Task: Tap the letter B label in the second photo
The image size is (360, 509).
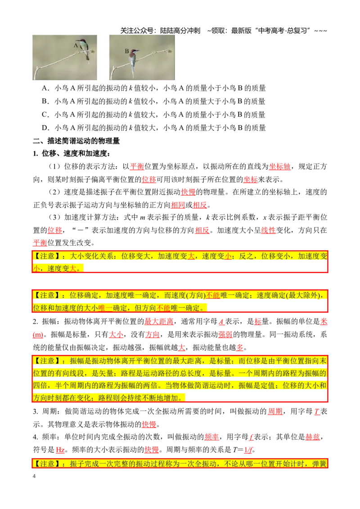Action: tap(127, 51)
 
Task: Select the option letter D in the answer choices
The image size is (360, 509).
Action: tap(45, 128)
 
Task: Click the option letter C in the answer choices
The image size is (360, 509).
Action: tap(45, 115)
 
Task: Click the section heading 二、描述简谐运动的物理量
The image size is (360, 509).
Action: tap(76, 141)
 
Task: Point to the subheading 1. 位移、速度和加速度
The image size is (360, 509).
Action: tap(72, 153)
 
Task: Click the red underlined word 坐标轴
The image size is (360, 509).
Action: tap(280, 166)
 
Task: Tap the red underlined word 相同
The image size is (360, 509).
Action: tap(178, 205)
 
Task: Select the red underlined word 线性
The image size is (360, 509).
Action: tap(268, 230)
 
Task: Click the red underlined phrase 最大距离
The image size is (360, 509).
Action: tap(158, 321)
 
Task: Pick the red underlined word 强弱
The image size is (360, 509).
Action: tap(225, 335)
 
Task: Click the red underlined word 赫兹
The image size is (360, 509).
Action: tap(313, 437)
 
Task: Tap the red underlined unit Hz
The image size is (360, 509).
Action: tap(60, 450)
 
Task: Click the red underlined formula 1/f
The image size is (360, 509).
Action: tap(248, 450)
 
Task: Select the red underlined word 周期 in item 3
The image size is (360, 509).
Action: tap(275, 411)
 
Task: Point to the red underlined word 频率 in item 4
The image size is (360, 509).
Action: tap(211, 437)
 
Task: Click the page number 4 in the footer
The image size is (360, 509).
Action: tap(34, 476)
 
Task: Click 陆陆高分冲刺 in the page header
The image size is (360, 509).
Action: tap(180, 31)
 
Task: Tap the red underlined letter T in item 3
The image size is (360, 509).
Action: tap(317, 411)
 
